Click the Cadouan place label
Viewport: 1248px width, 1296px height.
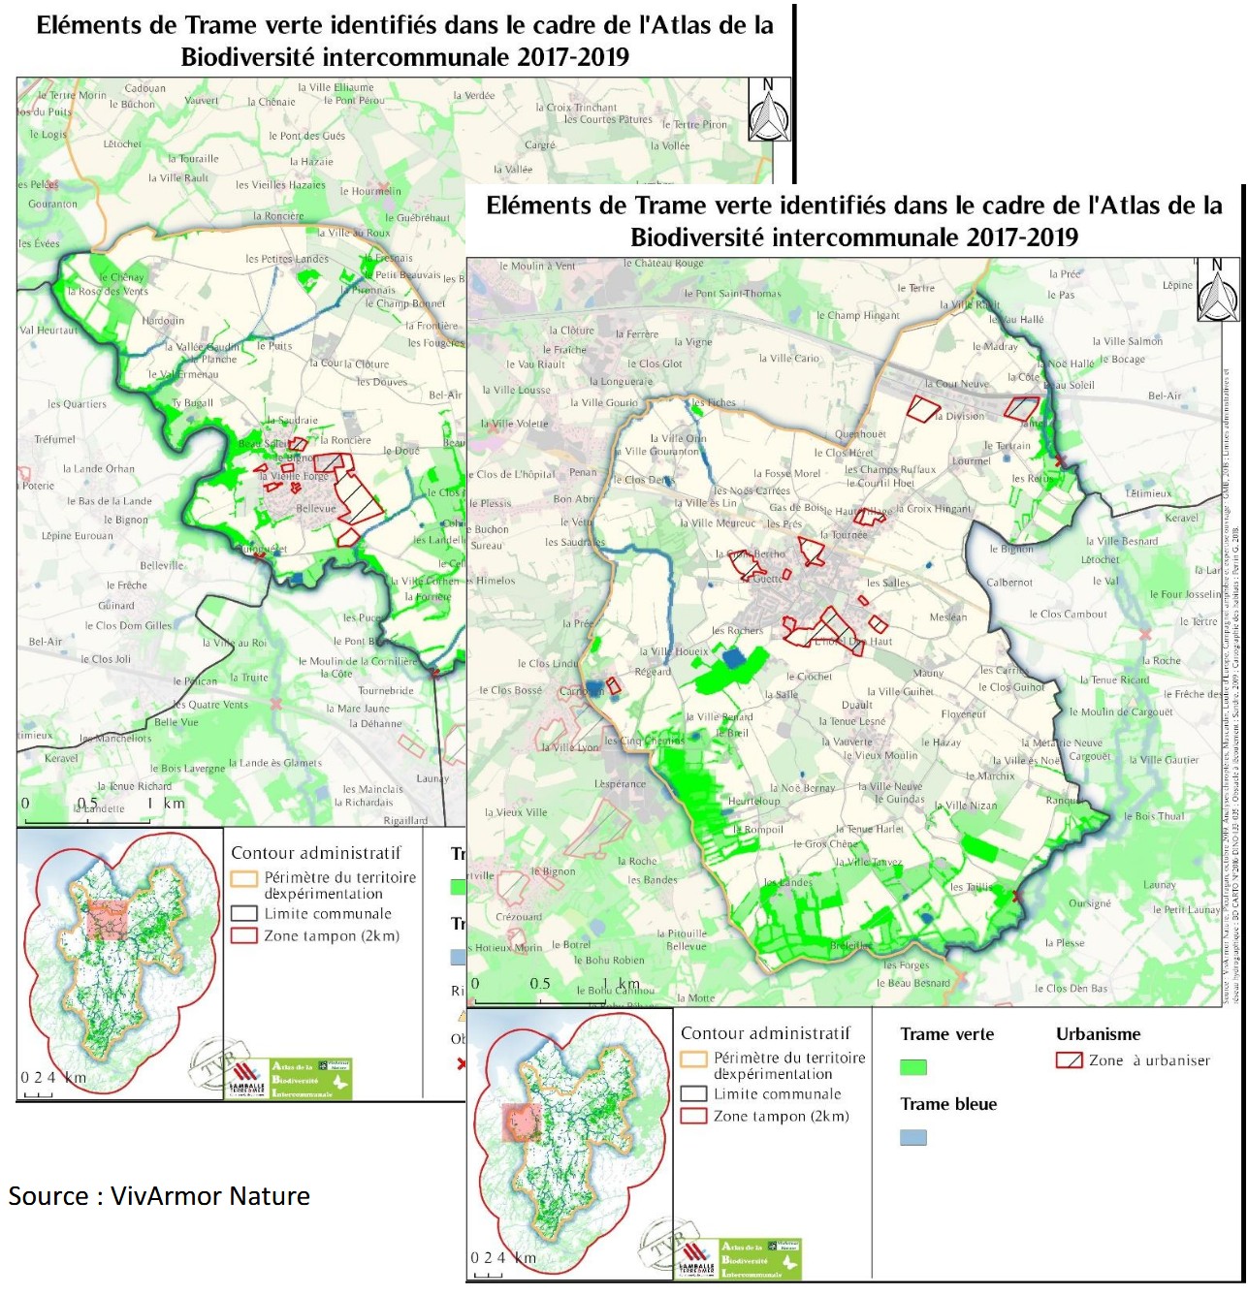pos(145,88)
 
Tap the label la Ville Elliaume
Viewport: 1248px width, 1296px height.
pos(336,87)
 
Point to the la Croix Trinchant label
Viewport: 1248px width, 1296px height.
pos(576,108)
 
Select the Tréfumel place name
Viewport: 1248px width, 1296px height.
pos(54,439)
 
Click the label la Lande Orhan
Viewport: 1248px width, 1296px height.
pos(99,469)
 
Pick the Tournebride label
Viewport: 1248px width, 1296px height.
pos(386,691)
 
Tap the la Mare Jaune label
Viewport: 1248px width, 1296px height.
pos(363,709)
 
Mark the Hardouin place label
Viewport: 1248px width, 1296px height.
pos(163,321)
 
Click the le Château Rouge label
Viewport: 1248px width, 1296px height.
pos(663,264)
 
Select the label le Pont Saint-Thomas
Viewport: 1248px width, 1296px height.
pos(732,294)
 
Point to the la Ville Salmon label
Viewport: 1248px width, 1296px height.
pos(1127,341)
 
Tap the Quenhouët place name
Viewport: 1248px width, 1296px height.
pos(860,434)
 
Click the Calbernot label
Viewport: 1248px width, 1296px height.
pos(1009,583)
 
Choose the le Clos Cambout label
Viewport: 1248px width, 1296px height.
pos(1068,615)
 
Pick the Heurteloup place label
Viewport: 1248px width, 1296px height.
pos(753,802)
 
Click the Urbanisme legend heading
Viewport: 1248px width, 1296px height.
pos(1098,1034)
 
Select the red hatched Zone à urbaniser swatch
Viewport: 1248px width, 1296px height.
pos(1069,1060)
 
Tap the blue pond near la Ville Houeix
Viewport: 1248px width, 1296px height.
pos(734,658)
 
